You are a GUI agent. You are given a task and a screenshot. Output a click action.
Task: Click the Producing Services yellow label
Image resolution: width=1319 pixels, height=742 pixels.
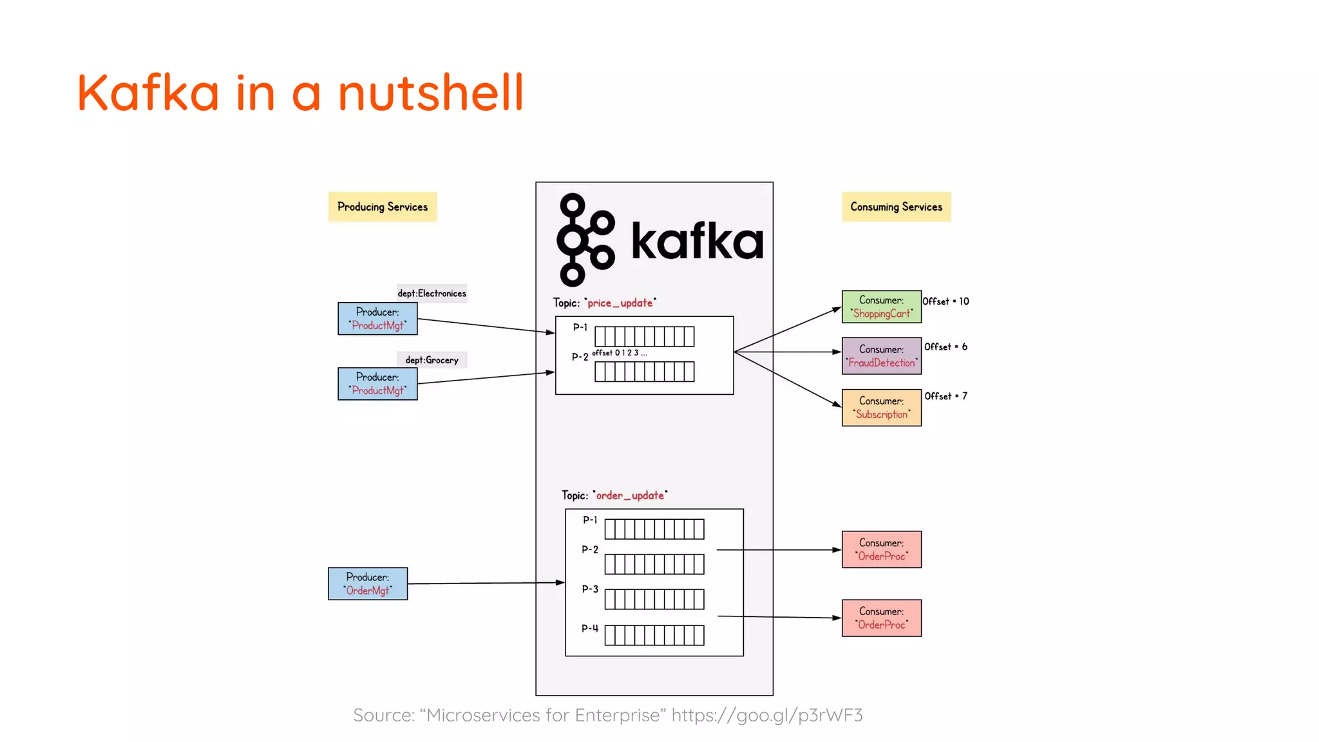382,207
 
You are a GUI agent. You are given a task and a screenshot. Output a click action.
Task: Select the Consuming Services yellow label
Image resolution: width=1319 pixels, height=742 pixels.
896,207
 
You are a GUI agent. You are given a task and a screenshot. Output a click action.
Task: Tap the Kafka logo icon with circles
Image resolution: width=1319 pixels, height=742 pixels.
585,240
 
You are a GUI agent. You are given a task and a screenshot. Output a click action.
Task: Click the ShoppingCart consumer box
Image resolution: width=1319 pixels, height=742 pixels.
881,307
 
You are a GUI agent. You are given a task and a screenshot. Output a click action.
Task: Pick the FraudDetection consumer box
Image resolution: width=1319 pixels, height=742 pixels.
881,356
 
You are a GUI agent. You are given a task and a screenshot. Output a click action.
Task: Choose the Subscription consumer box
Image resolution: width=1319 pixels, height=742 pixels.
881,407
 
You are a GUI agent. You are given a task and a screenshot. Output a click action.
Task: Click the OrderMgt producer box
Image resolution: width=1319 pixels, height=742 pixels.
367,584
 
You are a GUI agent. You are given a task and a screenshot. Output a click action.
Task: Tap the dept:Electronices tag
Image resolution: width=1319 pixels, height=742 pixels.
432,293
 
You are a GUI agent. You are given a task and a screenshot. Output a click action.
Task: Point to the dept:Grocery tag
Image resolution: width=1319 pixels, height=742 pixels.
432,360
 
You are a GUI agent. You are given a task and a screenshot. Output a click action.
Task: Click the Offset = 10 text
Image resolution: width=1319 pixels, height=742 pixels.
945,301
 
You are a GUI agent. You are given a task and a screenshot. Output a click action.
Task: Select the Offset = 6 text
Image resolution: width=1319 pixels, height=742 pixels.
945,347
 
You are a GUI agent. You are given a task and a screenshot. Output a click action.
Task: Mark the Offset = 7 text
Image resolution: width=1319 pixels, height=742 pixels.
945,396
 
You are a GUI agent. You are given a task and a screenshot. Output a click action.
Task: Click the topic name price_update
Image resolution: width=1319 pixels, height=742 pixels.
620,303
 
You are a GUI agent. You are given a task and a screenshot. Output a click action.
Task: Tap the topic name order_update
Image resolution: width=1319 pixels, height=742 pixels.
629,495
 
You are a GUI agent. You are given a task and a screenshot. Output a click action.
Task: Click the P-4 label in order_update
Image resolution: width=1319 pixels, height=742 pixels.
589,628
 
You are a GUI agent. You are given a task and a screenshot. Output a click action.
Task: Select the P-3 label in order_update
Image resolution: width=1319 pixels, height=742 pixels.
589,589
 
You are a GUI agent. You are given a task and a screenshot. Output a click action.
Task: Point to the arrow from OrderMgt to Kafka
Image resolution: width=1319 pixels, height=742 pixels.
483,583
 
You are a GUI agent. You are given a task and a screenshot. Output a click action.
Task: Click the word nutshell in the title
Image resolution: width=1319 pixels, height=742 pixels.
430,93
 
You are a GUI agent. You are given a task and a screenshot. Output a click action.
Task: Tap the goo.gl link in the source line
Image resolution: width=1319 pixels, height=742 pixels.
766,715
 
